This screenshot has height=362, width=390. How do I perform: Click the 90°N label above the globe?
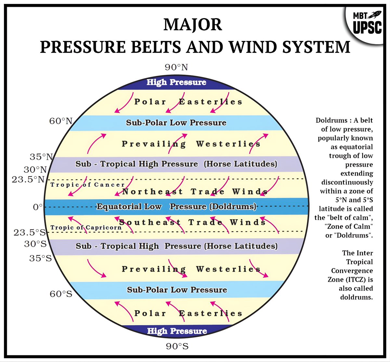coord(176,67)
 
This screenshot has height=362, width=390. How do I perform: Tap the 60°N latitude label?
coord(61,121)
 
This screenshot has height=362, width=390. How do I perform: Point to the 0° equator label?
coord(38,207)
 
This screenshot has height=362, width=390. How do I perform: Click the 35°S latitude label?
coord(40,258)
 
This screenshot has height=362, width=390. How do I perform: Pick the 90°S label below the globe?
coord(177,346)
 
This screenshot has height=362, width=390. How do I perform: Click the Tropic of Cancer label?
coord(87,185)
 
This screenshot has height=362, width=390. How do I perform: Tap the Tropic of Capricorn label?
coord(86,227)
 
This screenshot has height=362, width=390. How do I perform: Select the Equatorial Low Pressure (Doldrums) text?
coord(176,206)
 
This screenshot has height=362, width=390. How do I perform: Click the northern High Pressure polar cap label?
coord(176,82)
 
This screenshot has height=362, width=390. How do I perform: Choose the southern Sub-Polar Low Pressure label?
coord(177,290)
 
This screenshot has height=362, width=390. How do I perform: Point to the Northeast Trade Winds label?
coord(195,192)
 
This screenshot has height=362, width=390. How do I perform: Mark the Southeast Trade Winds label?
coord(192,222)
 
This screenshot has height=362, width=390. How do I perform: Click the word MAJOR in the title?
coord(193,25)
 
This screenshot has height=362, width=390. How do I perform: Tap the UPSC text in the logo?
coord(368,28)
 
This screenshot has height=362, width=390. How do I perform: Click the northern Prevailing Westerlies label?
coord(191,144)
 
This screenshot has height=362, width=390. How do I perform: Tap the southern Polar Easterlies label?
coord(188,313)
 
